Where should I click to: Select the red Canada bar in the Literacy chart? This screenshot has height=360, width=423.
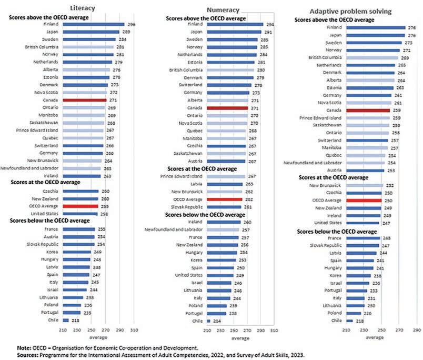tap(85, 99)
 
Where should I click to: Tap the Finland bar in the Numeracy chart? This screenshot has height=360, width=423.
tap(235, 24)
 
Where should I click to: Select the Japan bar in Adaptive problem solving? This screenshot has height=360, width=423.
tap(374, 35)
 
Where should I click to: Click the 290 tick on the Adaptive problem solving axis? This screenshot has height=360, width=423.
tap(417, 331)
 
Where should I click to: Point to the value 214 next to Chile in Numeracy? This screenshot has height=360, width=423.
tap(217, 321)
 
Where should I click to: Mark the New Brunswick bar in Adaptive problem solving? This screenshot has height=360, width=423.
tap(364, 185)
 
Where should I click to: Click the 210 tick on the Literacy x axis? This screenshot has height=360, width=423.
tap(64, 330)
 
